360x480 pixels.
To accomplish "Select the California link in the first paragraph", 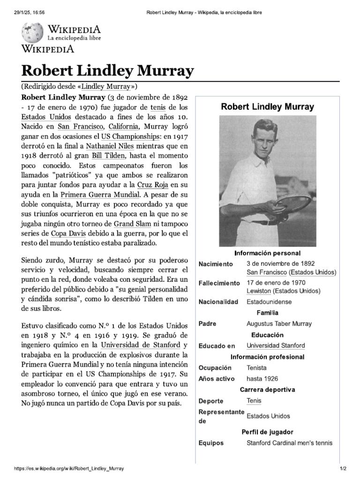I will (124, 127).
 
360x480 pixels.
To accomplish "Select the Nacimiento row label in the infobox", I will (216, 264).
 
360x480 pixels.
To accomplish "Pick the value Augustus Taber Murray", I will (279, 323).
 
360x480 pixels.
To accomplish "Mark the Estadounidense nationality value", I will (269, 301).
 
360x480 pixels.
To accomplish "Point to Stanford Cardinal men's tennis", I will (289, 442).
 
